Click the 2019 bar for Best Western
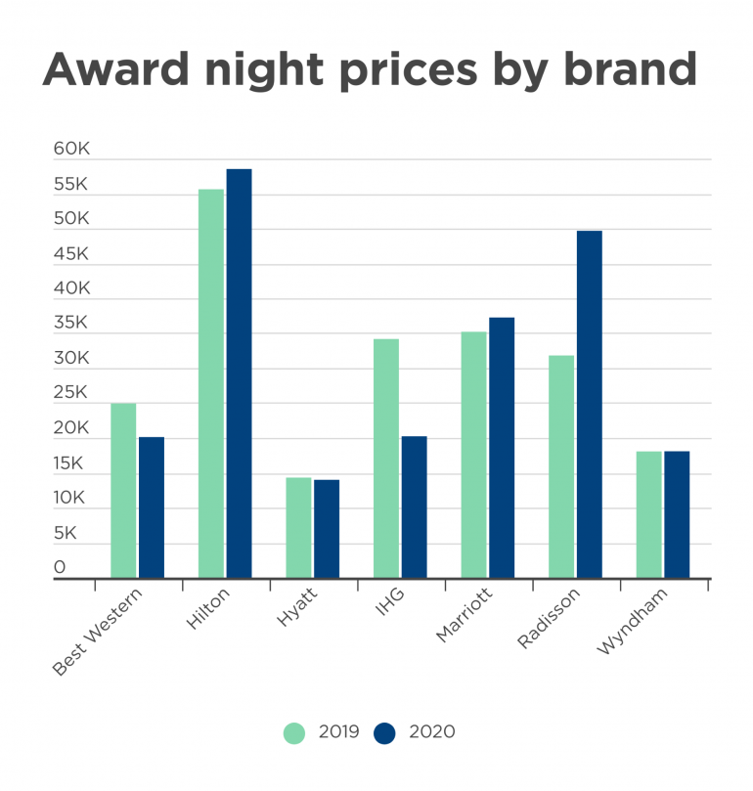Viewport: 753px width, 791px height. (x=123, y=490)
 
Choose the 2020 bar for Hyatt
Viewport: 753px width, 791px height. (x=327, y=528)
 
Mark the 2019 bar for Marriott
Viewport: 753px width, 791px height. (x=473, y=455)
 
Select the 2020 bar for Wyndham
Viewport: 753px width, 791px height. (x=677, y=514)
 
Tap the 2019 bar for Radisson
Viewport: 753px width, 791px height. (x=561, y=466)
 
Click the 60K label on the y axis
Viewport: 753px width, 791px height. (x=71, y=150)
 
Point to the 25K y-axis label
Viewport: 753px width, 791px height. (x=71, y=393)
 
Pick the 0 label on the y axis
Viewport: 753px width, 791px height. (x=60, y=567)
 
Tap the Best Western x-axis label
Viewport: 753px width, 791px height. (x=97, y=631)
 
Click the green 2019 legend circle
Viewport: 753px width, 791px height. (x=294, y=732)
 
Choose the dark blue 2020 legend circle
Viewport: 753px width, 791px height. (x=384, y=732)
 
